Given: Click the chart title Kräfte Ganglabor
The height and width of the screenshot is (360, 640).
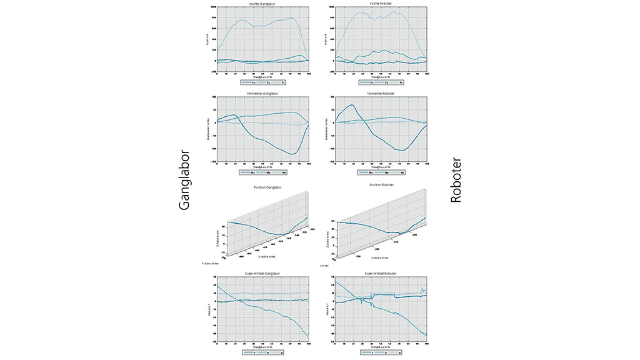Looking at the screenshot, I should tap(262, 4).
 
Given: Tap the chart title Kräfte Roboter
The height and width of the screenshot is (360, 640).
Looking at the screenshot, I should tap(381, 4).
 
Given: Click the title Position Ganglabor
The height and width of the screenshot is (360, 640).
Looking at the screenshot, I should tap(262, 185).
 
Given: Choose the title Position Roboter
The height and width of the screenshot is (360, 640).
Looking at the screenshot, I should tap(381, 185).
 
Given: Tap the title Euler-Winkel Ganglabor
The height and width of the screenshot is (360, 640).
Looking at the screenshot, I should tap(262, 273).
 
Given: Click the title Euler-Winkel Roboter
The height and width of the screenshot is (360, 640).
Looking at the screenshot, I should tap(381, 273).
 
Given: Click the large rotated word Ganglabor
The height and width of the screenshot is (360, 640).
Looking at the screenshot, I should tap(184, 179).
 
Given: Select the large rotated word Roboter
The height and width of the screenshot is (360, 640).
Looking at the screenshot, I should tap(456, 180).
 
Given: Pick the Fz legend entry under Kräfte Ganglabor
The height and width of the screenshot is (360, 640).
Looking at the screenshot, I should tap(283, 82).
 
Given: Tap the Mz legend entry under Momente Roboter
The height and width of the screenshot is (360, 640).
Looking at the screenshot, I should tap(402, 171).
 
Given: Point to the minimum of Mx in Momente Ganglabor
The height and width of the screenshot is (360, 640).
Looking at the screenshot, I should tap(292, 154).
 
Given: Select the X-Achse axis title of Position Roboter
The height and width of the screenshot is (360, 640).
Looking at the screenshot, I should tap(380, 257).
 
